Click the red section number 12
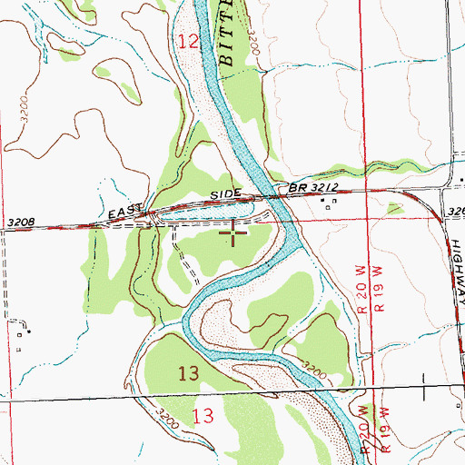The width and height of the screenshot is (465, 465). tap(188, 41)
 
